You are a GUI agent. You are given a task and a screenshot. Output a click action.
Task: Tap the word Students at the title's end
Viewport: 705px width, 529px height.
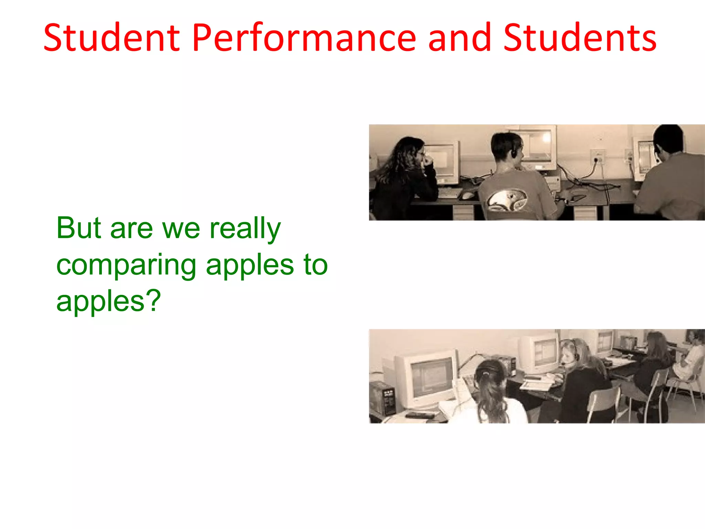click(x=580, y=38)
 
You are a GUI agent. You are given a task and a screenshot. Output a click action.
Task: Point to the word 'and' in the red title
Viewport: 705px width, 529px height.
click(x=460, y=38)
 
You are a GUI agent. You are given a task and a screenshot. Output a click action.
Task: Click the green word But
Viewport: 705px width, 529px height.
click(x=79, y=228)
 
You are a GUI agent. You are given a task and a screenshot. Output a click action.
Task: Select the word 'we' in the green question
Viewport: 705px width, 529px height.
click(x=181, y=229)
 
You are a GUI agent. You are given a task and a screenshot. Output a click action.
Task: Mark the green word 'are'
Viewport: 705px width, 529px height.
click(x=131, y=229)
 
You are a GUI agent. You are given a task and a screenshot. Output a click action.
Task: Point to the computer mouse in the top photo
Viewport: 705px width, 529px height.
click(x=467, y=195)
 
